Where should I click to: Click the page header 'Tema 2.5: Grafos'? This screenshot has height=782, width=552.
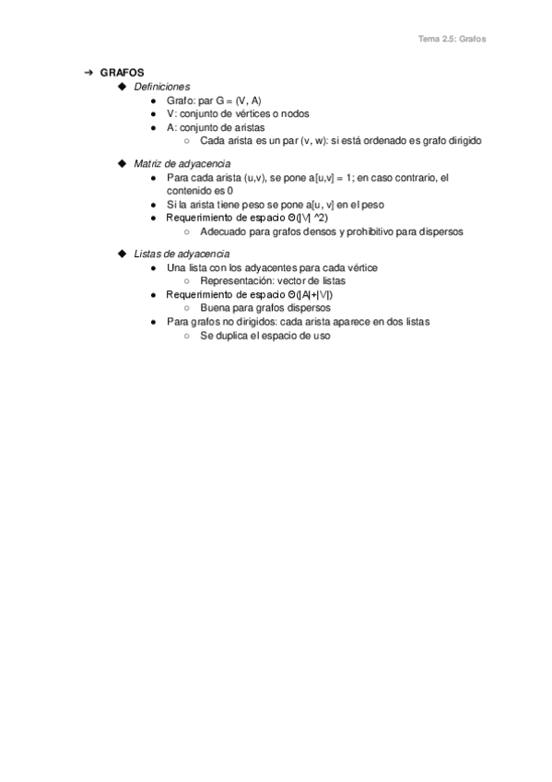click(452, 40)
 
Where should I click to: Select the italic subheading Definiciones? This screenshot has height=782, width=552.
click(161, 86)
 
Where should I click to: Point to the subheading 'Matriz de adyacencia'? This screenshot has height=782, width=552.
click(182, 163)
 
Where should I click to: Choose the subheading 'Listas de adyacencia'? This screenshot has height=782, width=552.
click(182, 254)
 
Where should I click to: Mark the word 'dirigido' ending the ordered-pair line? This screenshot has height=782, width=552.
click(463, 141)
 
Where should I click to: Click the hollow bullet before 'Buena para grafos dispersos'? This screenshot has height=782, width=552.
click(187, 308)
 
